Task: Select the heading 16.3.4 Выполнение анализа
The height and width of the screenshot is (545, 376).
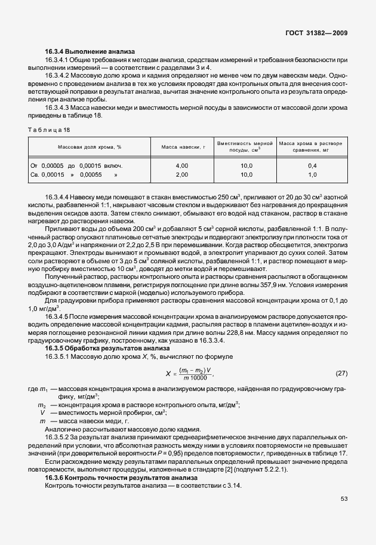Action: coord(90,51)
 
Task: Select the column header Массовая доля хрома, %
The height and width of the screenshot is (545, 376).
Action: coord(90,146)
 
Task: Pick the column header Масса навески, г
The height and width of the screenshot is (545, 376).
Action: coord(182,146)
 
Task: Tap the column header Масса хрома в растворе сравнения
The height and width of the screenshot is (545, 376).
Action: coord(312,146)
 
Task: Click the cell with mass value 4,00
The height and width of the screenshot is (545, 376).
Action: coord(182,165)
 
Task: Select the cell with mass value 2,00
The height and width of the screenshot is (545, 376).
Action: coord(182,174)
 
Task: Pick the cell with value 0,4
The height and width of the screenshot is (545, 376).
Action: coord(312,165)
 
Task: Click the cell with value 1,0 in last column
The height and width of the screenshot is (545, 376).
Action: coord(312,174)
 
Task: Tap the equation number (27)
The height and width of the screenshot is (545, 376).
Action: coord(341,373)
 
